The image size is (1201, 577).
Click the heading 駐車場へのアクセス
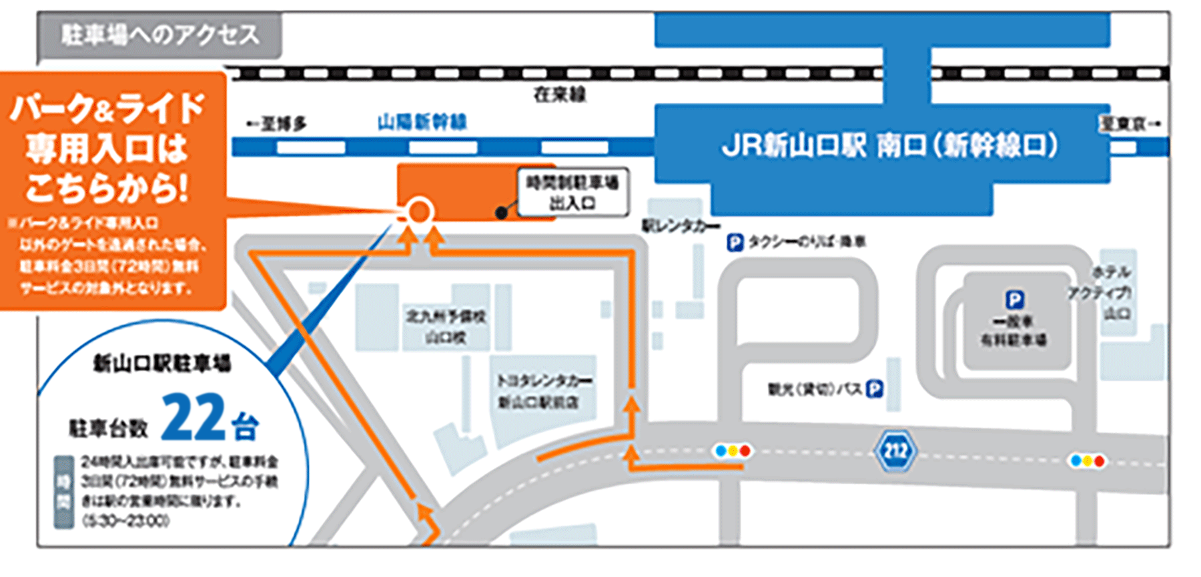(160, 35)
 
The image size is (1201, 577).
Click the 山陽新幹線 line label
(422, 122)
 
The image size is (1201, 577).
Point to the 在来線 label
(559, 95)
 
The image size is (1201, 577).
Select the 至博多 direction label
(277, 124)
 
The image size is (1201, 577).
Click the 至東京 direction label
(1129, 123)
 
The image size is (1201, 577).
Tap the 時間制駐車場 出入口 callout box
(572, 192)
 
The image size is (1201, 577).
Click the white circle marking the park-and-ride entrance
(419, 212)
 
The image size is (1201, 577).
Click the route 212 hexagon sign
(895, 452)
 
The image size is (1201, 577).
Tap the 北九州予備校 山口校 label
(446, 326)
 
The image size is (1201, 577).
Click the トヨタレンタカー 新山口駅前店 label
(544, 391)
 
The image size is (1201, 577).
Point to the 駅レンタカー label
(681, 227)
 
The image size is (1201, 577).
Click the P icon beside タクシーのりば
(735, 242)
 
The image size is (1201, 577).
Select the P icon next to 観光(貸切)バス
(874, 389)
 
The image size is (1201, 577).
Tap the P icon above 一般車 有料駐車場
(1014, 300)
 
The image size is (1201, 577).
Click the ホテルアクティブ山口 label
(1108, 292)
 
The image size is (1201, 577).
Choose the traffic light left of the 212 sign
(733, 452)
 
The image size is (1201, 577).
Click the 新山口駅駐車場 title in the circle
(161, 364)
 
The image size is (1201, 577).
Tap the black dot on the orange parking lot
(501, 213)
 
